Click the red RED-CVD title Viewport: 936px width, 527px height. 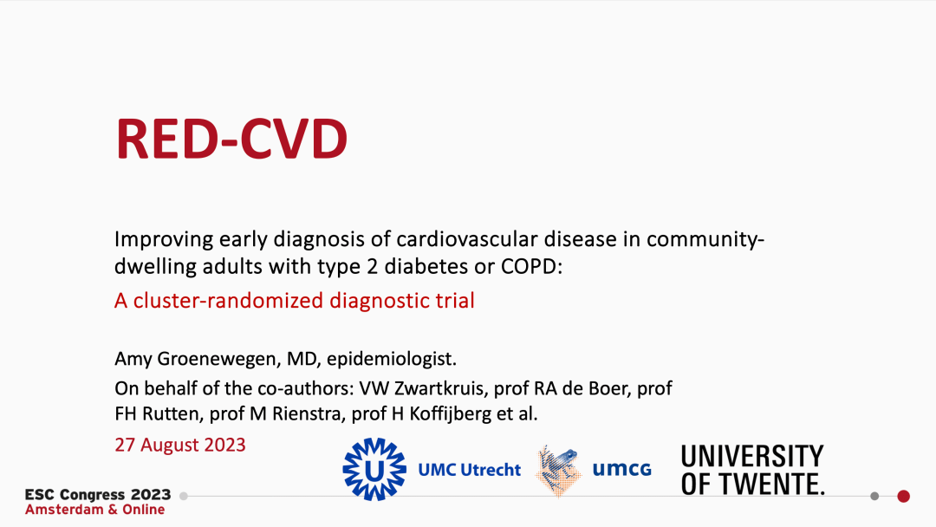click(232, 139)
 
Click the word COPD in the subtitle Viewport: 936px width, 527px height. click(532, 266)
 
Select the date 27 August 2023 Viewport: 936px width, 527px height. click(180, 446)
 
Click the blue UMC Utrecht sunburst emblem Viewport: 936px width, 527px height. click(374, 470)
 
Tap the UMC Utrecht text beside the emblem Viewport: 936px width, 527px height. click(470, 470)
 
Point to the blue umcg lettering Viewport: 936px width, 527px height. click(621, 470)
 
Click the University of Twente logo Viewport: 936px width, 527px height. click(752, 470)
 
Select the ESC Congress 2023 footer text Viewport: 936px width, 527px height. click(98, 495)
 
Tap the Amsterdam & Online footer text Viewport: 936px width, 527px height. click(94, 510)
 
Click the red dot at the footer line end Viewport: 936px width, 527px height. click(903, 496)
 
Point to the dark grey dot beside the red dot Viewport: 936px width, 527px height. click(874, 496)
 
